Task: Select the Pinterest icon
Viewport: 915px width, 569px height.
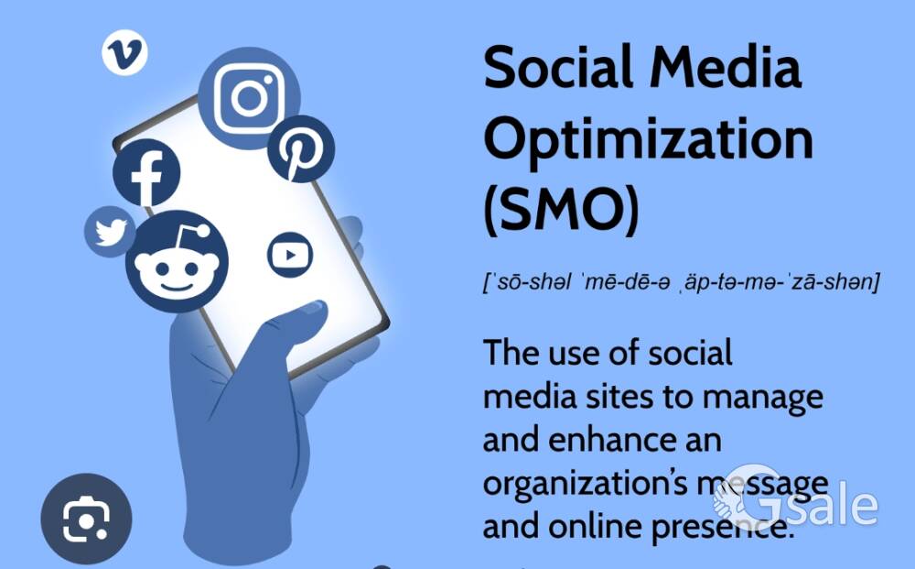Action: [x=300, y=148]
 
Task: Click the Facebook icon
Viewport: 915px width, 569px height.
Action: [x=146, y=174]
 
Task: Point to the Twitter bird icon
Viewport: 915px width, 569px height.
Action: [x=110, y=231]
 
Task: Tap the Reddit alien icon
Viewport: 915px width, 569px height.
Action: [x=177, y=263]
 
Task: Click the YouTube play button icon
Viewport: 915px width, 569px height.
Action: [x=290, y=255]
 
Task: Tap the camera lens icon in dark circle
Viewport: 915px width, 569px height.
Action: [x=86, y=519]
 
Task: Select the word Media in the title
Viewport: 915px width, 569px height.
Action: [x=732, y=68]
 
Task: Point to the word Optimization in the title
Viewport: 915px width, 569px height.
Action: [x=648, y=139]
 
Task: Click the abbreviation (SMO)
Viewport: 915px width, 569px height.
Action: [x=561, y=209]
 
